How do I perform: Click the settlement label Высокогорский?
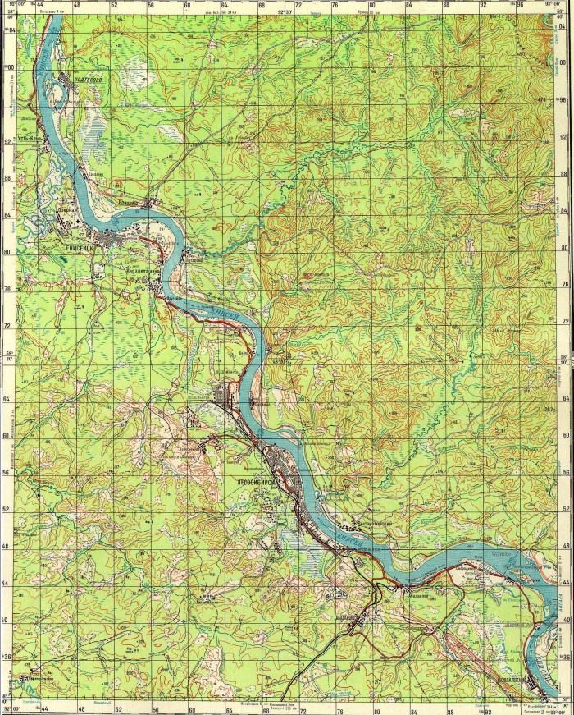(x=375, y=524)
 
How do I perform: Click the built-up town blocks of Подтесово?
(x=67, y=82)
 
